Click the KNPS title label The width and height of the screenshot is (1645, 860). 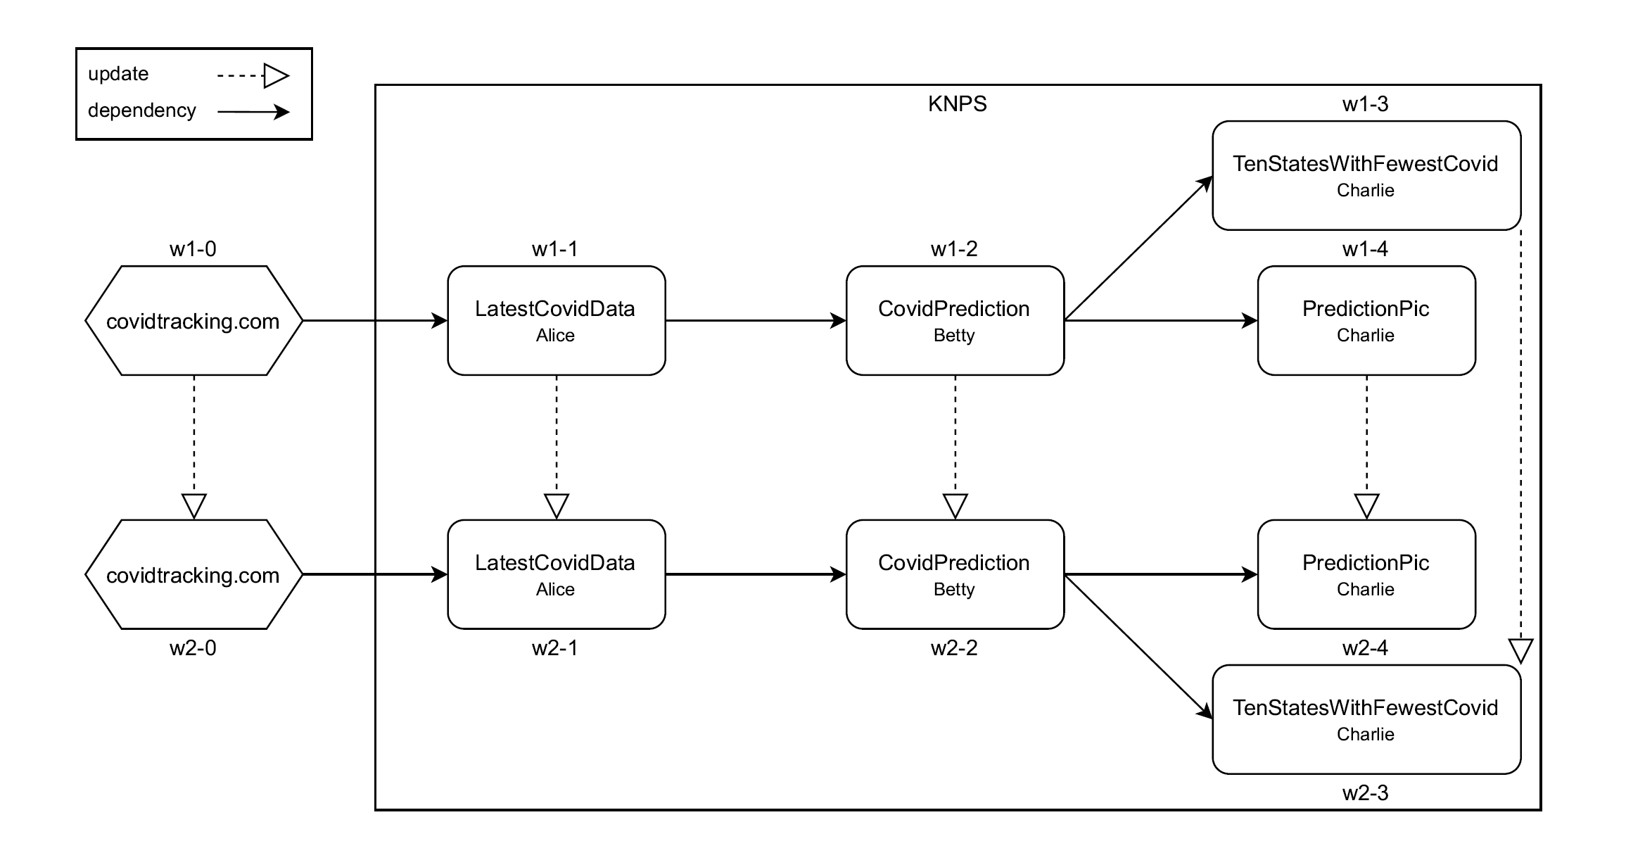pos(957,104)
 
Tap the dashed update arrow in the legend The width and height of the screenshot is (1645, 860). pos(253,75)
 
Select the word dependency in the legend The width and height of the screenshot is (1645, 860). pos(141,110)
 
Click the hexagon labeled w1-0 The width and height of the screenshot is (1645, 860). pos(193,321)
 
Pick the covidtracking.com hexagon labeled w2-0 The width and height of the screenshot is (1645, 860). pos(193,575)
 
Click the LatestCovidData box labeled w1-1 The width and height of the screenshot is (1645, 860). pos(556,321)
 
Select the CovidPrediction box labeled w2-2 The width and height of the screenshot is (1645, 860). pos(955,575)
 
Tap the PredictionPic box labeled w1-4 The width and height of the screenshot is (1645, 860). pos(1366,321)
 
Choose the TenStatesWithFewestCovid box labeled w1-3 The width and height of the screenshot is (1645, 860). pos(1366,176)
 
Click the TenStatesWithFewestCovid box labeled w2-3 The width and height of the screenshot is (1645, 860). pos(1366,720)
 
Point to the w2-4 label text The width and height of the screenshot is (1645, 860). pos(1365,648)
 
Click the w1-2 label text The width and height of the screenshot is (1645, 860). pos(954,249)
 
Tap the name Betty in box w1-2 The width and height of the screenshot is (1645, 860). pos(954,336)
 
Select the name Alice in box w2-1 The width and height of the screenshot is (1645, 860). pos(555,590)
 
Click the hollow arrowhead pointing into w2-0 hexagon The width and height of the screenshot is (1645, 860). pos(193,506)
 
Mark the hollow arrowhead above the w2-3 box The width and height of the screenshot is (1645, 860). pos(1520,650)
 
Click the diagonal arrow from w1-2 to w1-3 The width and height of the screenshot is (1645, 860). pos(1138,248)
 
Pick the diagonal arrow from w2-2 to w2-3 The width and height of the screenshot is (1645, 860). pos(1138,647)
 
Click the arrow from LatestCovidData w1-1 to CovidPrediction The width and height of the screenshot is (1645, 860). pos(755,321)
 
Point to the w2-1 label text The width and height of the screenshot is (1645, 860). pos(554,648)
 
